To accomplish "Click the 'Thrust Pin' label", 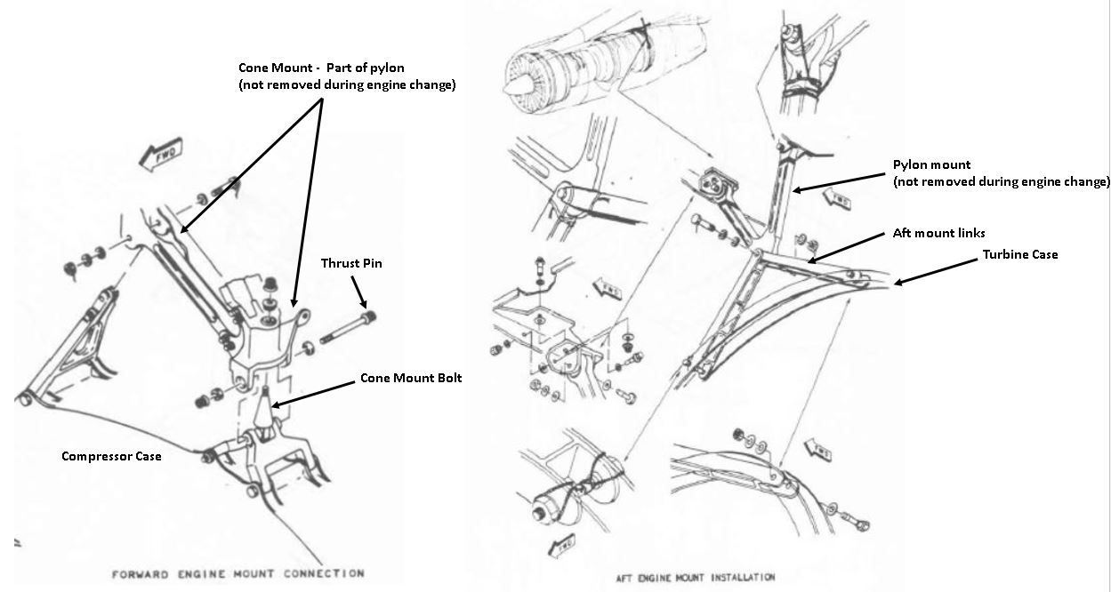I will [351, 264].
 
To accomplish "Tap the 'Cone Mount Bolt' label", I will [410, 378].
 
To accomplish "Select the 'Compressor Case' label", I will [111, 456].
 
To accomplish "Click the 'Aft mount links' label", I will [938, 233].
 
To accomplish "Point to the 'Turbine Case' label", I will [1019, 255].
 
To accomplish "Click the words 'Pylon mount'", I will [931, 165].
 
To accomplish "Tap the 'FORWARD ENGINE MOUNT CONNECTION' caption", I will [237, 574].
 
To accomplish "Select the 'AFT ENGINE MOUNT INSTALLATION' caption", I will [695, 577].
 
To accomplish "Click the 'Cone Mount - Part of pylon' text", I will [320, 68].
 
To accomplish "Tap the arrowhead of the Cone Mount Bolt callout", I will [273, 407].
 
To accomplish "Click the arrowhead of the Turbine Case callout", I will [895, 284].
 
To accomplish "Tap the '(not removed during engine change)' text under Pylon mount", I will [1002, 181].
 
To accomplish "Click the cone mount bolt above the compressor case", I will [265, 410].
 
